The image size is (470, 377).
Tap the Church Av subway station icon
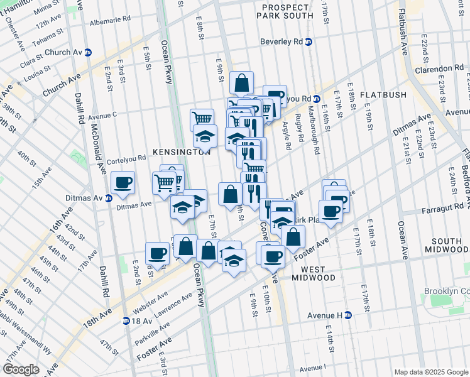[x=89, y=52]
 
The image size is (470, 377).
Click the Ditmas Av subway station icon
[x=108, y=198]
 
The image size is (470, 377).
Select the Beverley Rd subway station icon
[x=308, y=42]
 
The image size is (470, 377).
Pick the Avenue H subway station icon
[x=347, y=315]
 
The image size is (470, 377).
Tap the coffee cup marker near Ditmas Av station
[x=123, y=183]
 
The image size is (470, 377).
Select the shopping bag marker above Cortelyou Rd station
[x=241, y=82]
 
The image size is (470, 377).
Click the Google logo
[x=21, y=369]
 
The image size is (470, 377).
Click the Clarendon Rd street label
[x=442, y=68]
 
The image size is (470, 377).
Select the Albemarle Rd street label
[x=109, y=19]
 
